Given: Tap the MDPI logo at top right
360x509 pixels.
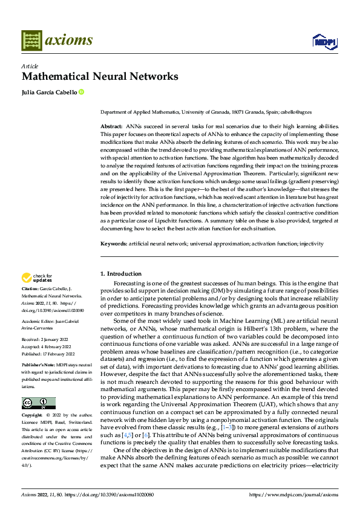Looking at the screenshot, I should pos(324,41).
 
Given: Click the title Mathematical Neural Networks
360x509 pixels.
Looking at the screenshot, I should pos(100,76).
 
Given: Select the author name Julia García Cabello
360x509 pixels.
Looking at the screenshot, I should pos(49,92).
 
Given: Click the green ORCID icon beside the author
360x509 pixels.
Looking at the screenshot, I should pos(81,92).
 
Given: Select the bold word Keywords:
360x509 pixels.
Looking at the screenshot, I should pos(113,244).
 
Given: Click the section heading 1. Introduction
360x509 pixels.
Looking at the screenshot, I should pos(120,274).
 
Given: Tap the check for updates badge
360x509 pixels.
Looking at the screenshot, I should pos(36,278).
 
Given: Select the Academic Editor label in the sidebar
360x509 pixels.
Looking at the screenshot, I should pos(38,323).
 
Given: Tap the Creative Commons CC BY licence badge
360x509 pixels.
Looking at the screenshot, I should pos(38,403).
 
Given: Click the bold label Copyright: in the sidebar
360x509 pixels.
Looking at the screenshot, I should pos(33,415).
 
